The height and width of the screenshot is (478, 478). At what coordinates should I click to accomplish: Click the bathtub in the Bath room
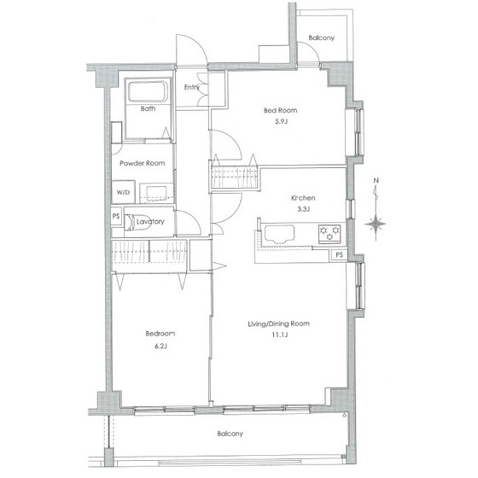click(148, 91)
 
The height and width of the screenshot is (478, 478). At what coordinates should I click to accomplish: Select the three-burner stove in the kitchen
click(329, 234)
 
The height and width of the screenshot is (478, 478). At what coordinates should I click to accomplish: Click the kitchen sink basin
click(279, 234)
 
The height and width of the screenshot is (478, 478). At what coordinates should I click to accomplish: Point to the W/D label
click(123, 192)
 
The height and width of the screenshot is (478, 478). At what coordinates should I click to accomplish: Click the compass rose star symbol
click(376, 224)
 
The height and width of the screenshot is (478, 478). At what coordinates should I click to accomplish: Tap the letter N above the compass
click(376, 180)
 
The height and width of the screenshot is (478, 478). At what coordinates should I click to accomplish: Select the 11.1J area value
click(280, 335)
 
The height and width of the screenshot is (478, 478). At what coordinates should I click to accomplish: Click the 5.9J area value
click(281, 121)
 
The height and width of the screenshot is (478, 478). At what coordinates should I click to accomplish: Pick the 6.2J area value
click(160, 346)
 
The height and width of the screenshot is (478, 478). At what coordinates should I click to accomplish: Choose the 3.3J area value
click(303, 209)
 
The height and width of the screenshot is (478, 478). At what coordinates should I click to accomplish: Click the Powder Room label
click(143, 163)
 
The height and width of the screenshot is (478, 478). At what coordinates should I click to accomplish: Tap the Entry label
click(192, 87)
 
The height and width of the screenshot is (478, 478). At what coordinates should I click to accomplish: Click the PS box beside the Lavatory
click(116, 216)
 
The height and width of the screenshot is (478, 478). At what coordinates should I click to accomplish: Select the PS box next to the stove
click(339, 255)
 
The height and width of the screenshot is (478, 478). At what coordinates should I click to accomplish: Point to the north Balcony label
click(321, 38)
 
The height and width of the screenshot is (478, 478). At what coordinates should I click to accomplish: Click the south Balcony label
click(230, 434)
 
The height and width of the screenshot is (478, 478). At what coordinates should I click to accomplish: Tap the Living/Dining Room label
click(278, 324)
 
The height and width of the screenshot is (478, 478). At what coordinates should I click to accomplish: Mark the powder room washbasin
click(157, 194)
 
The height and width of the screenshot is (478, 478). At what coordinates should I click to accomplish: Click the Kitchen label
click(303, 198)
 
